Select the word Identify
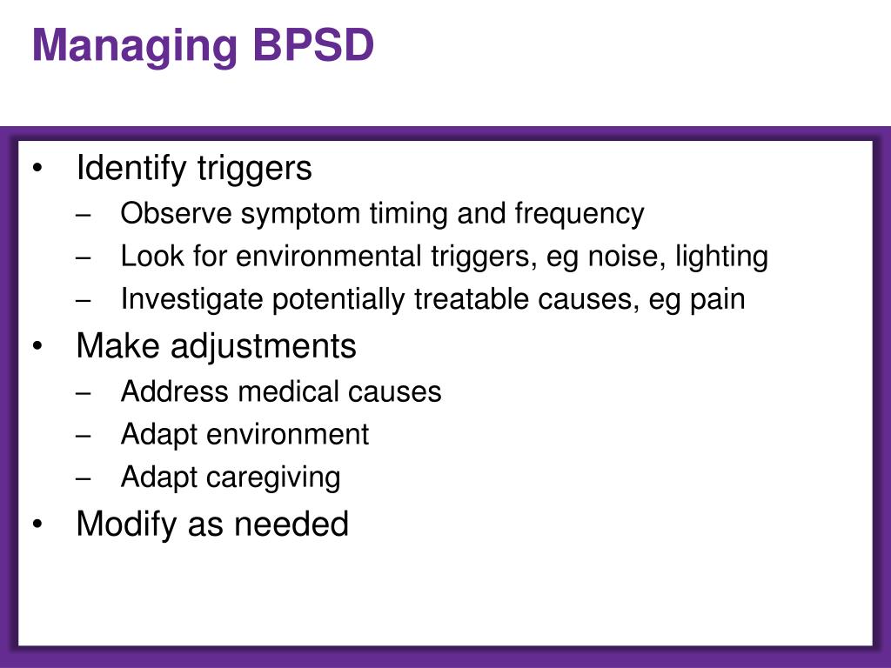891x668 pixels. click(x=131, y=169)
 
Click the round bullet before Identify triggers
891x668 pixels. click(x=37, y=169)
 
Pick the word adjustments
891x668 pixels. click(x=264, y=347)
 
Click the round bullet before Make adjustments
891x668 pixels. click(x=37, y=346)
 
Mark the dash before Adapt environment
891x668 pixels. click(x=84, y=435)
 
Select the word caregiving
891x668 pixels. click(x=279, y=478)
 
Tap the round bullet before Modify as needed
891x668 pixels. click(x=37, y=524)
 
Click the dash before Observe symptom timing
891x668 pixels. click(x=84, y=214)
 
